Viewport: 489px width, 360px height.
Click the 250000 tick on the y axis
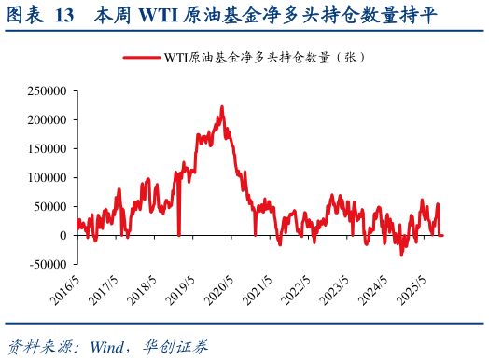pos(47,91)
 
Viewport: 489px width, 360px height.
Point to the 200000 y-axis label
pos(47,120)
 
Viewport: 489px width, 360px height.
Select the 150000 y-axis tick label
pos(47,149)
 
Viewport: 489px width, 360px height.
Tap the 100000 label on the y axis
pos(47,177)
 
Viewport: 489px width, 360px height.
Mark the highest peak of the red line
pos(221,106)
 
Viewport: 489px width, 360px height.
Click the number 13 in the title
pos(65,15)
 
